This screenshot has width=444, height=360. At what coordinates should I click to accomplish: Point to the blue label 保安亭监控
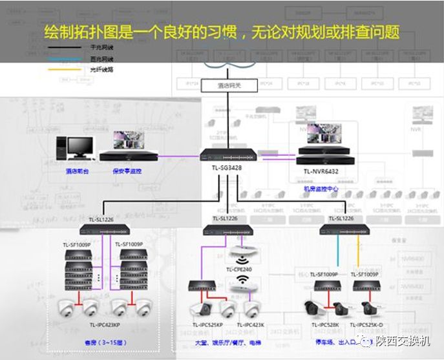126,171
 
